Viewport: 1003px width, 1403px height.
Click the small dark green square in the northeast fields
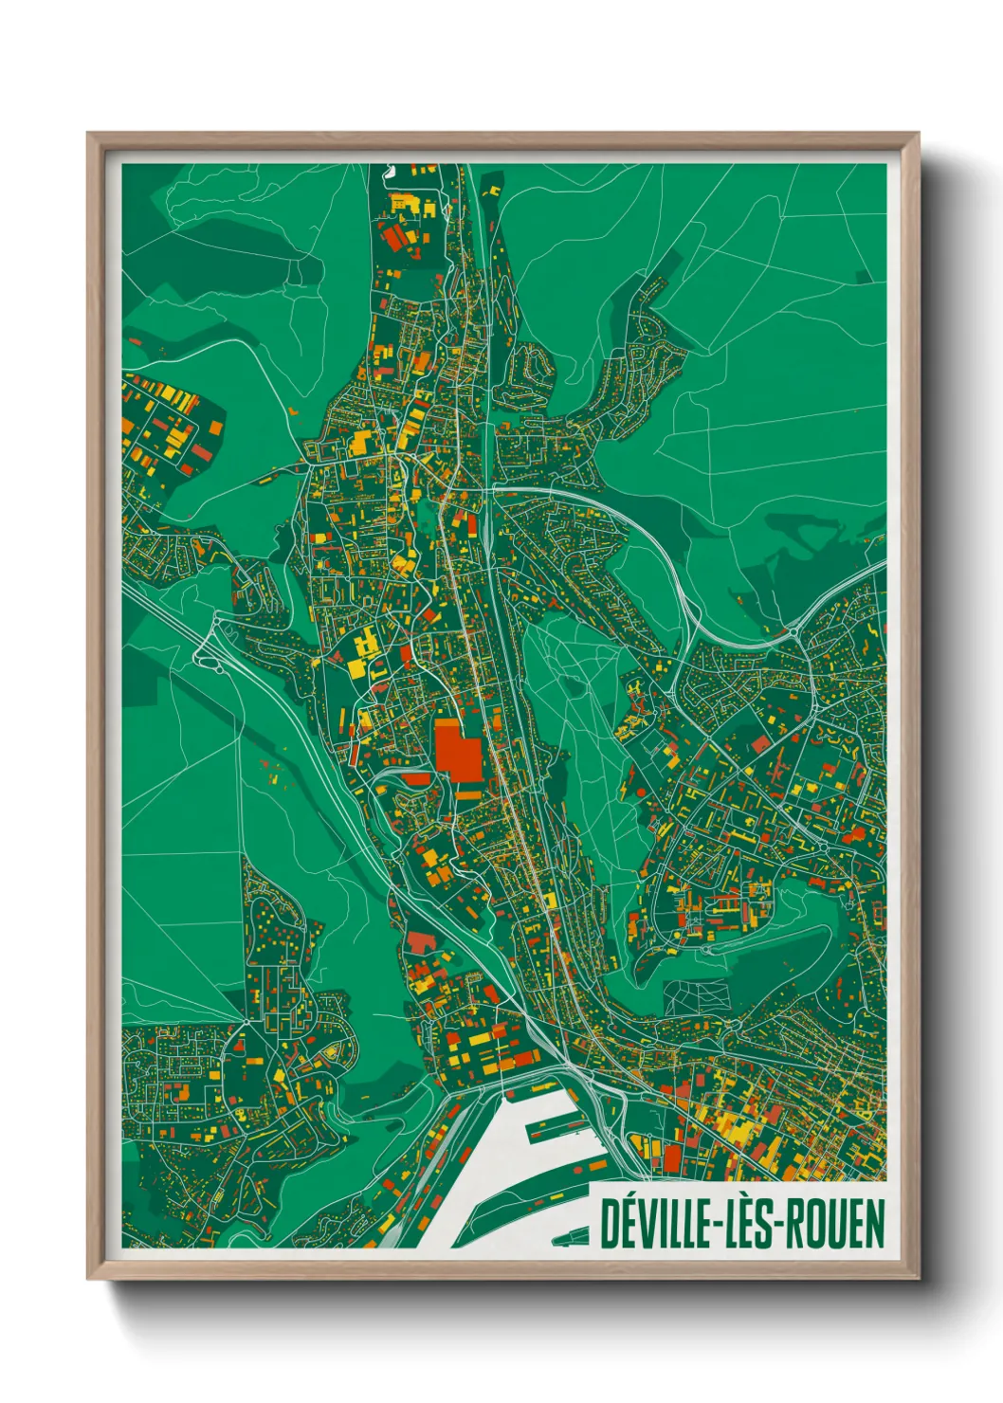[863, 277]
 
